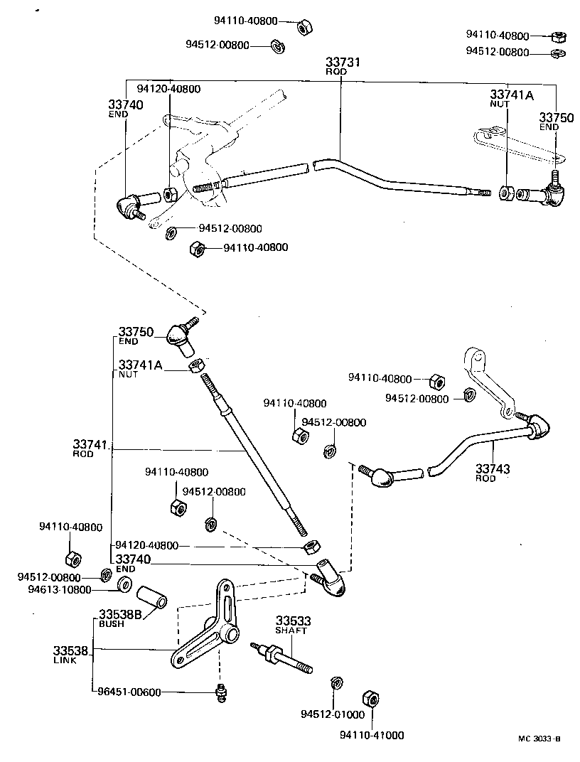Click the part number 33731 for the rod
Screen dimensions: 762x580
(x=343, y=63)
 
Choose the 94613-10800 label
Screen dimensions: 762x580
(x=60, y=589)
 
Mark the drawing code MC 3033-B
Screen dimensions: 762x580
(x=539, y=739)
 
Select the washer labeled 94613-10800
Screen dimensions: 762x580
(x=123, y=585)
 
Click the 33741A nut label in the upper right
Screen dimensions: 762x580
(x=510, y=95)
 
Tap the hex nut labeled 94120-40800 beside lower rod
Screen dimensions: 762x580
(x=309, y=547)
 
